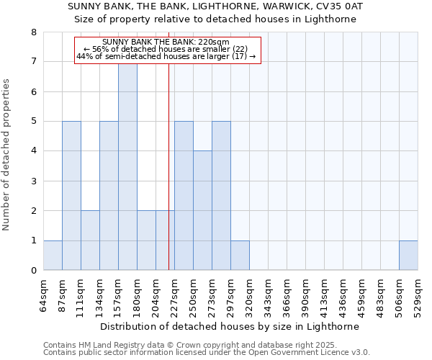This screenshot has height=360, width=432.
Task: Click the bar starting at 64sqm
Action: pyautogui.click(x=53, y=256)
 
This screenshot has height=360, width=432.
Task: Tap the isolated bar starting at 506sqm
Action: pyautogui.click(x=408, y=256)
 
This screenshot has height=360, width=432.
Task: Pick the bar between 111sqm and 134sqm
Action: pyautogui.click(x=90, y=240)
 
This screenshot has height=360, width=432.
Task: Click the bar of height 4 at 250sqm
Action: pyautogui.click(x=202, y=210)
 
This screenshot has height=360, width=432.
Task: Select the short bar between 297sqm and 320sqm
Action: pyautogui.click(x=240, y=256)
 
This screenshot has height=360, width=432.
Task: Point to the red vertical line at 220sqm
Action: pyautogui.click(x=168, y=180)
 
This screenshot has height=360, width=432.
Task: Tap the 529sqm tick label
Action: pyautogui.click(x=418, y=295)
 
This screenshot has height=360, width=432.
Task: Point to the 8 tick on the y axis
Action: pyautogui.click(x=33, y=32)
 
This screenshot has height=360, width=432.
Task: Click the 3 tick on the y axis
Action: pyautogui.click(x=33, y=181)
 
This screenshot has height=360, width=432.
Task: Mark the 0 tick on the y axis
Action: pyautogui.click(x=33, y=271)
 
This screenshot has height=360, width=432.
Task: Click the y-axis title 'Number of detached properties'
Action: pyautogui.click(x=7, y=155)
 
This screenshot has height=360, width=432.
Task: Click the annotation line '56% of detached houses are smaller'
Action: pyautogui.click(x=166, y=49)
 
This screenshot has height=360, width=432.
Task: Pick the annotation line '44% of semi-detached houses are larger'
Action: pyautogui.click(x=166, y=56)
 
